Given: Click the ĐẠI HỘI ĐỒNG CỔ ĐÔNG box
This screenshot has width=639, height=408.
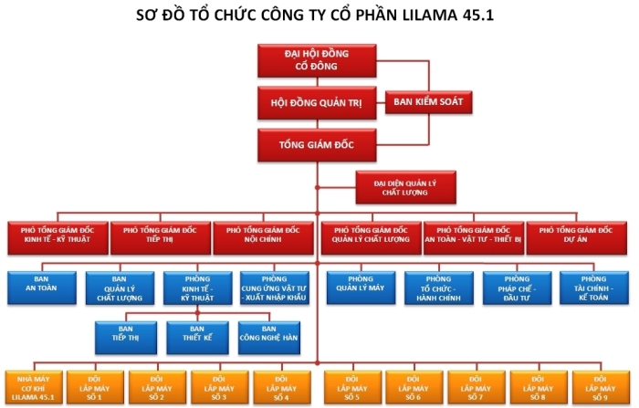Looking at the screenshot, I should point(317,59).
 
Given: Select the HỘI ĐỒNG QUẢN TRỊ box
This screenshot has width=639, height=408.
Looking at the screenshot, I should point(317,102).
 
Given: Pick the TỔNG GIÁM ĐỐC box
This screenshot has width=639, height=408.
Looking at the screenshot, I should point(317,144).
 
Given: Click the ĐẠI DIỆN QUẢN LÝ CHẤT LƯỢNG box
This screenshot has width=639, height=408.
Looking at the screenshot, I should point(404,187).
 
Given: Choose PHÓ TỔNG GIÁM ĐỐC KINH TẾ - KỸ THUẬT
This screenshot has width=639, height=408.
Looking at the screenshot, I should point(57,236).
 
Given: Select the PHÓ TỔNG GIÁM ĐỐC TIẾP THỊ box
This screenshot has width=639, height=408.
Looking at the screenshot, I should point(160,236).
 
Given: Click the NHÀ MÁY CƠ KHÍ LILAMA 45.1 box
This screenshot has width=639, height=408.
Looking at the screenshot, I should point(30,387).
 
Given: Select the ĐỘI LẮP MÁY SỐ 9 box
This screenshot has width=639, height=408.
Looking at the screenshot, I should point(600,387).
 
